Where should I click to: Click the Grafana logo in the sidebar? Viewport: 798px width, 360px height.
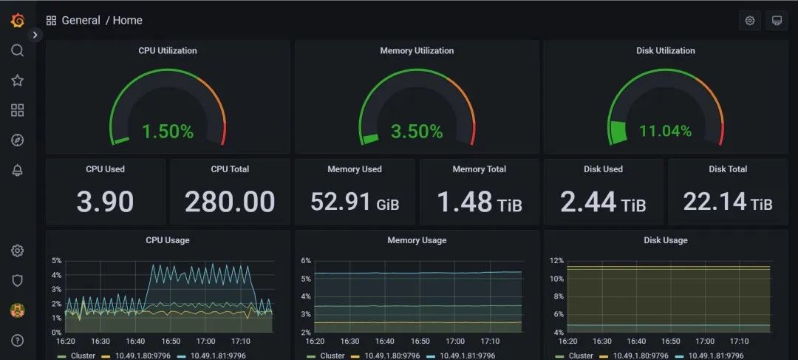pyautogui.click(x=18, y=21)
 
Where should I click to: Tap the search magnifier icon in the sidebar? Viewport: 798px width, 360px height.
pyautogui.click(x=18, y=50)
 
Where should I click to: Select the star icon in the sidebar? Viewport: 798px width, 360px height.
pyautogui.click(x=18, y=81)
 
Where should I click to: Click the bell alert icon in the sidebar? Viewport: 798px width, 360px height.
pyautogui.click(x=18, y=170)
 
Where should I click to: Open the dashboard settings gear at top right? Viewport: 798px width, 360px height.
pyautogui.click(x=750, y=21)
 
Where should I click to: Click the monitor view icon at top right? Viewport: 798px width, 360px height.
pyautogui.click(x=777, y=21)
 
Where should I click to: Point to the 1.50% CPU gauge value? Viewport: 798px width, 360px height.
pyautogui.click(x=167, y=132)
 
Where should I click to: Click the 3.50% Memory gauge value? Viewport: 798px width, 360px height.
pyautogui.click(x=417, y=132)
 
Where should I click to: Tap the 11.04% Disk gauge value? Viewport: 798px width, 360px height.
pyautogui.click(x=665, y=132)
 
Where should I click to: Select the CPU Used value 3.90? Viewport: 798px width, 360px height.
pyautogui.click(x=105, y=202)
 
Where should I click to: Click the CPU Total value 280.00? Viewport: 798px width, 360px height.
pyautogui.click(x=230, y=202)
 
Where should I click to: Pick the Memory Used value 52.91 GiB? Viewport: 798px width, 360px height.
pyautogui.click(x=355, y=202)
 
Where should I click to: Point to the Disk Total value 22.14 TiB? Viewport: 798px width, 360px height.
pyautogui.click(x=728, y=202)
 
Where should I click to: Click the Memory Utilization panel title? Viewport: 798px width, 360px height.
pyautogui.click(x=417, y=51)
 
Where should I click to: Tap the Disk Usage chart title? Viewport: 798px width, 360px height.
pyautogui.click(x=665, y=240)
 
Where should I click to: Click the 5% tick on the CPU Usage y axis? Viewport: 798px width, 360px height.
pyautogui.click(x=56, y=261)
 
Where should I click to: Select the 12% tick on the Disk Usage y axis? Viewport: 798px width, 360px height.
pyautogui.click(x=556, y=261)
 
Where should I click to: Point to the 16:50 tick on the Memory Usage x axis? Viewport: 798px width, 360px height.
pyautogui.click(x=420, y=342)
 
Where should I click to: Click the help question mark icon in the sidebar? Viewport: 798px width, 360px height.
pyautogui.click(x=18, y=340)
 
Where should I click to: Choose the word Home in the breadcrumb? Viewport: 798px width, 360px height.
pyautogui.click(x=128, y=21)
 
